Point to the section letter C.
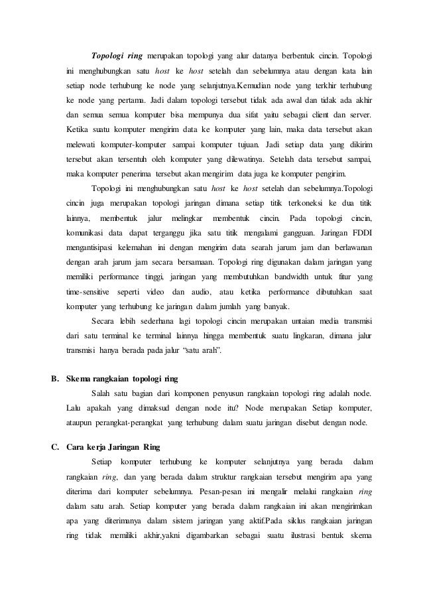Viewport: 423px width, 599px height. point(55,445)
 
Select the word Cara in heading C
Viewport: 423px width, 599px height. point(77,445)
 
